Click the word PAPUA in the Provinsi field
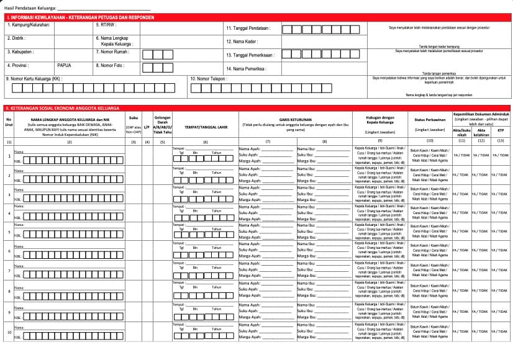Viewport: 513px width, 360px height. pyautogui.click(x=64, y=65)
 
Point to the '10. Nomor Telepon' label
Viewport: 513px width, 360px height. pyautogui.click(x=209, y=79)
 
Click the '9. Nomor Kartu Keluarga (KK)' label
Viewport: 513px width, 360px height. pyautogui.click(x=34, y=79)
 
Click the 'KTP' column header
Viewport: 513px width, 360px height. pyautogui.click(x=500, y=130)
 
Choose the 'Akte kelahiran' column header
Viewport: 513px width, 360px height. pyautogui.click(x=481, y=132)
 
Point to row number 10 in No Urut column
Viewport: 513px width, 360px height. pyautogui.click(x=9, y=331)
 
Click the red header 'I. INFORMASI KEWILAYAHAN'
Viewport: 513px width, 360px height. pyautogui.click(x=75, y=17)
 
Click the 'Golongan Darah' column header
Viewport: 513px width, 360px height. pyautogui.click(x=162, y=122)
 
